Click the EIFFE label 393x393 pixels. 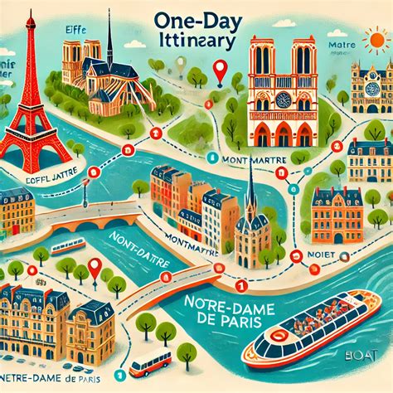[75, 31]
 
